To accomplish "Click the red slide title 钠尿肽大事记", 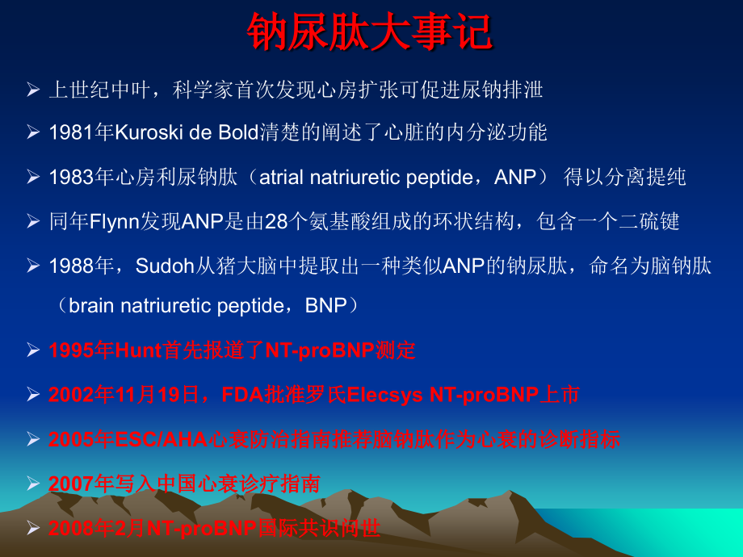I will [x=371, y=32].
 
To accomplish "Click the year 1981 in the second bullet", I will [x=70, y=132].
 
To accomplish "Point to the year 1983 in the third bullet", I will [x=70, y=177].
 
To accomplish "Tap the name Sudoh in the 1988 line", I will [x=158, y=265].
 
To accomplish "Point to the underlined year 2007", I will [x=72, y=484].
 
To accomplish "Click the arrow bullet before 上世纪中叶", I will [x=33, y=90].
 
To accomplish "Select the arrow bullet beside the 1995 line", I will [x=33, y=350].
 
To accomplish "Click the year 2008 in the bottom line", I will [x=72, y=529].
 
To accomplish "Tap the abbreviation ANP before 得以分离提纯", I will [x=515, y=177].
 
